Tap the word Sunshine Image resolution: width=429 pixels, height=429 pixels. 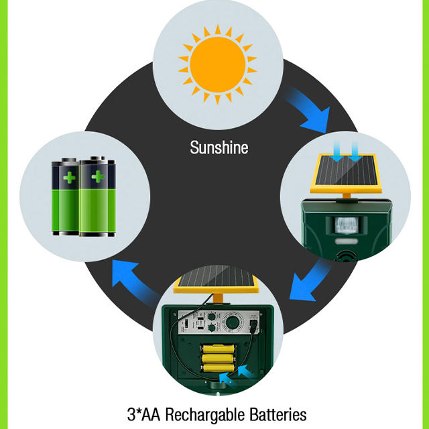pyautogui.click(x=219, y=147)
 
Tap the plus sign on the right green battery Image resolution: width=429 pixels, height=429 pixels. pyautogui.click(x=98, y=178)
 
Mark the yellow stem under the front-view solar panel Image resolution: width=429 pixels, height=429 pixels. pyautogui.click(x=349, y=197)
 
